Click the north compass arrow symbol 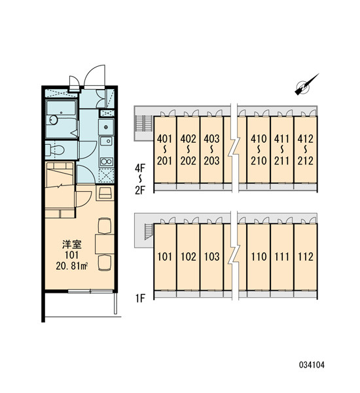[x=306, y=85]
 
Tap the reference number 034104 [x=312, y=365]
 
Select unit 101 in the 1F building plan [x=164, y=257]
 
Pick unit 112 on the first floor [x=306, y=257]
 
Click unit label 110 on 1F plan [x=259, y=257]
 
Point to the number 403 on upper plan [x=211, y=139]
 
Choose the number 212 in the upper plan [x=306, y=160]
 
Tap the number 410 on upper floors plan [x=259, y=139]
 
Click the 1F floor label [x=140, y=298]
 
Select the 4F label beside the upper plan [x=140, y=168]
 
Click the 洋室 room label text [x=72, y=244]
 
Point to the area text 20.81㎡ [x=71, y=266]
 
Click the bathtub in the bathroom [x=62, y=108]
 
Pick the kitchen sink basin [x=107, y=141]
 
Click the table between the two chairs [x=105, y=244]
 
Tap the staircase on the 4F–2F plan [x=144, y=123]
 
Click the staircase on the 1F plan [x=149, y=231]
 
